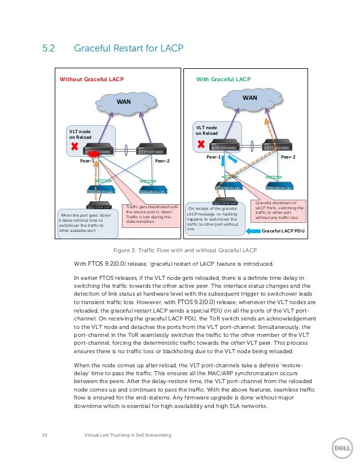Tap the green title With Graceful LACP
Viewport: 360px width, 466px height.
click(x=223, y=80)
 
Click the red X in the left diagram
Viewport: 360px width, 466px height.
click(x=74, y=147)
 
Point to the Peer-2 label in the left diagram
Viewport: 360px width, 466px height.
click(x=163, y=161)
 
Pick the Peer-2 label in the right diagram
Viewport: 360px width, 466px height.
click(x=288, y=157)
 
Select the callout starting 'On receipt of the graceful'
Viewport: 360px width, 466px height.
click(x=217, y=219)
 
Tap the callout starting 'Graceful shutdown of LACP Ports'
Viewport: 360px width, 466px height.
click(x=280, y=210)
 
